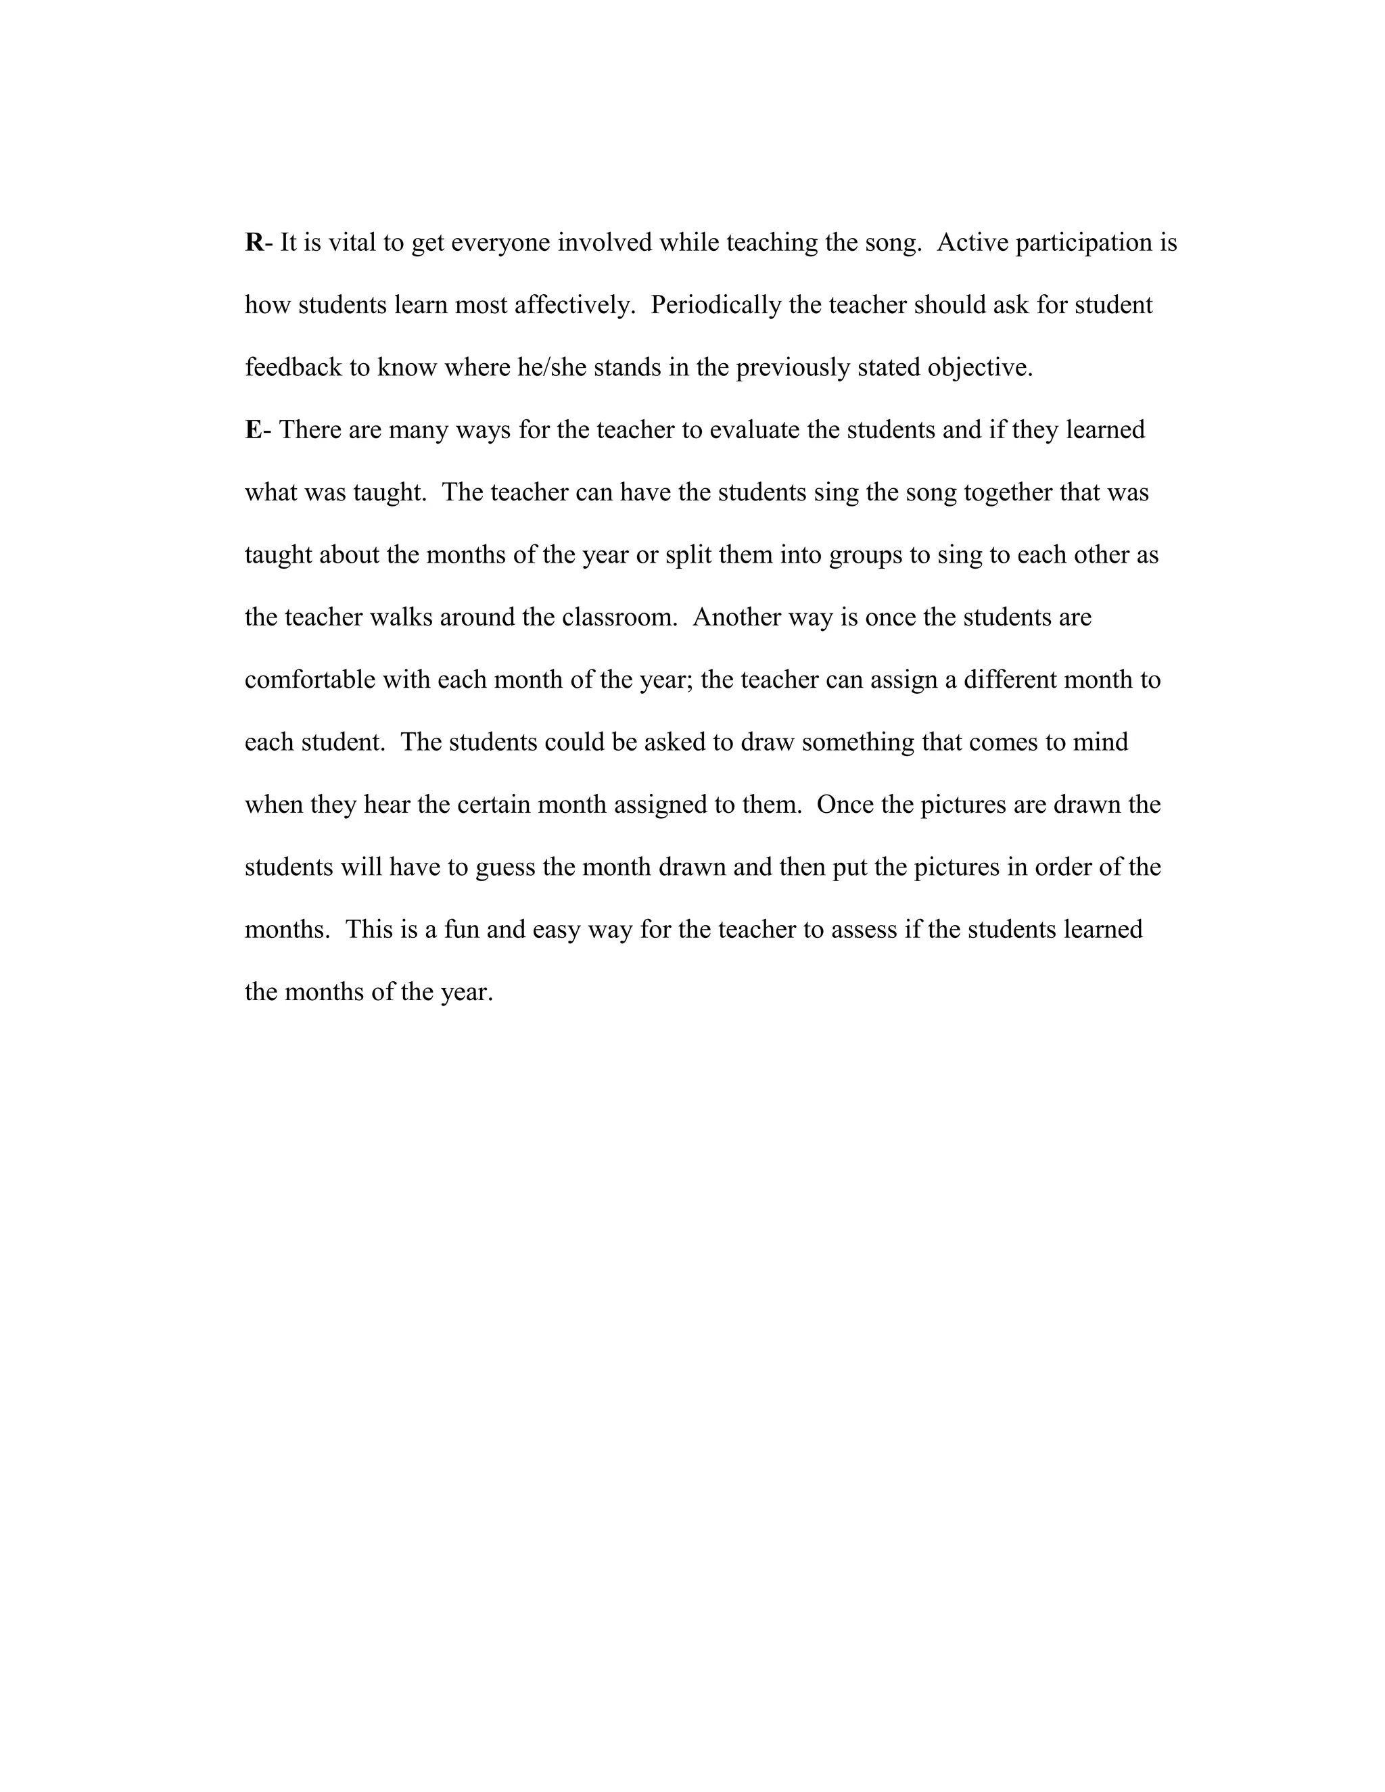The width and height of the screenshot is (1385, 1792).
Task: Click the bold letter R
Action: [x=254, y=243]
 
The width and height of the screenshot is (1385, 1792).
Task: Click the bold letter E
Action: [x=254, y=430]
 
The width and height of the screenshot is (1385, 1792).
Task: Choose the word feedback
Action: [x=293, y=368]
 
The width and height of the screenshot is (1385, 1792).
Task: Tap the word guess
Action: [x=505, y=868]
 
